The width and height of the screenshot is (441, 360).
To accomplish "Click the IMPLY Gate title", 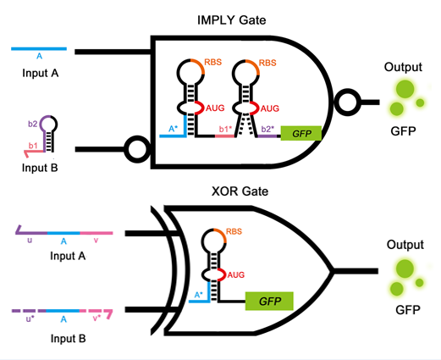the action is point(231,20).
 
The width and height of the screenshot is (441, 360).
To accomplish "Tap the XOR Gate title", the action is point(240,191).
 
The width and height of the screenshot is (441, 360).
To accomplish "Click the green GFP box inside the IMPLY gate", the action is point(301,133).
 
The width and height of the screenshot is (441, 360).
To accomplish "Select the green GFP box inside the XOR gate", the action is point(269,301).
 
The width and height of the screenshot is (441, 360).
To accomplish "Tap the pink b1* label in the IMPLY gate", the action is point(225,130).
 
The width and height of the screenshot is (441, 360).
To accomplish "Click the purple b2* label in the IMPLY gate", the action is point(267,130).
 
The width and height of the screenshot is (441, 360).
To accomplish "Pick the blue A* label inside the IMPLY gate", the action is point(174,129).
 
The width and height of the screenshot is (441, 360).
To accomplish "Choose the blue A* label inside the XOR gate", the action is point(198,295).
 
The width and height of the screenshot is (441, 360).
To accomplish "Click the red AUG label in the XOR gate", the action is point(236,274).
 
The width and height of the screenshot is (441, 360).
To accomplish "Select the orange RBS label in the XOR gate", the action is point(234,231).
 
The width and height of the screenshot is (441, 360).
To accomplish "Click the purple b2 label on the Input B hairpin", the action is point(33,124).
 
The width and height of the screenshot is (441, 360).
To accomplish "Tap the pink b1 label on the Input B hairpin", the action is point(33,146).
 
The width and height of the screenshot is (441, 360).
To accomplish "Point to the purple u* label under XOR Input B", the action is point(30,318).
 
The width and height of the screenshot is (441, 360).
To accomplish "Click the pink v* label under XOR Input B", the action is point(96,318).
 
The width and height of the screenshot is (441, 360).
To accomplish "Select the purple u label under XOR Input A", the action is point(30,241).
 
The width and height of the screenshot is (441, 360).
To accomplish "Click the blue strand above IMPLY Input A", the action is point(39,49).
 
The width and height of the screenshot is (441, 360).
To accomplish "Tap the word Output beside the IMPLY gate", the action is point(403,67).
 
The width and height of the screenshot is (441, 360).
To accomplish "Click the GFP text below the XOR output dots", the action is point(408,310).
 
